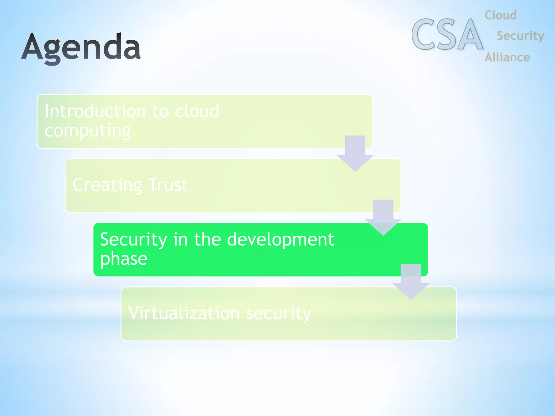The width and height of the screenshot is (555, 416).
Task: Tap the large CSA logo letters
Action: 447,35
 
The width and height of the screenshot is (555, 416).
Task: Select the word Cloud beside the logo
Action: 501,15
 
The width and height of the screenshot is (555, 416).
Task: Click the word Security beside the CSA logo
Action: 520,36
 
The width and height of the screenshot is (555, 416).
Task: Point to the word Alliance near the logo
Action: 507,57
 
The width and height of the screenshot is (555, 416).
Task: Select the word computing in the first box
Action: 88,131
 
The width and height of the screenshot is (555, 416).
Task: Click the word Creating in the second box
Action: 107,185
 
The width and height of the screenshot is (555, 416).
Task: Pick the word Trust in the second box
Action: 168,185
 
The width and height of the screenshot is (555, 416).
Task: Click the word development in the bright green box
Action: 280,240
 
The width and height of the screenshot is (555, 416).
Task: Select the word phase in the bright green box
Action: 124,259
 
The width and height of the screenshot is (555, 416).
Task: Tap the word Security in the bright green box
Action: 134,240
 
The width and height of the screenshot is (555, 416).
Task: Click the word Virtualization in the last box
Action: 184,313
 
